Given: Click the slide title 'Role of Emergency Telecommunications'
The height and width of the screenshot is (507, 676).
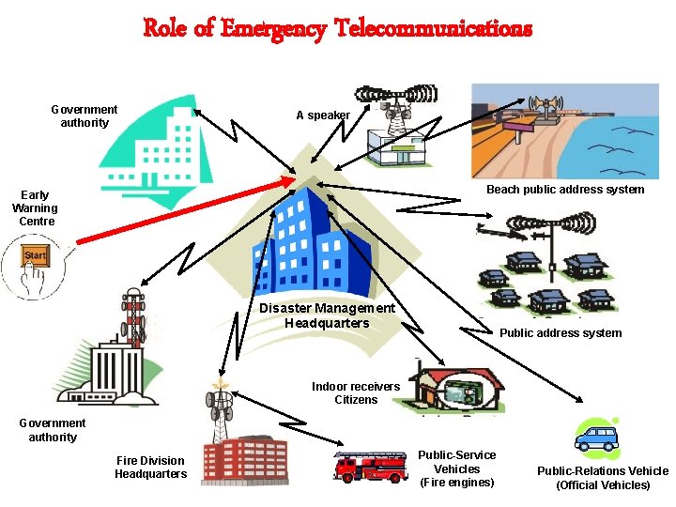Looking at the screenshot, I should tap(338, 28).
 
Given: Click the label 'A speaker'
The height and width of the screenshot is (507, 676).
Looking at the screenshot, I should tap(323, 115).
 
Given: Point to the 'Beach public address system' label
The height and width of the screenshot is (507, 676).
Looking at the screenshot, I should tap(565, 190).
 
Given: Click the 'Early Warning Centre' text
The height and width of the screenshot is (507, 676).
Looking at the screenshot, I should tap(36, 208).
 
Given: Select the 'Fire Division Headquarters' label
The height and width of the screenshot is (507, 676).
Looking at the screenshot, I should tap(151, 467).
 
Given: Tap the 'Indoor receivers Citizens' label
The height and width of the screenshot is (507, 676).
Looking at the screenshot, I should tap(356, 393).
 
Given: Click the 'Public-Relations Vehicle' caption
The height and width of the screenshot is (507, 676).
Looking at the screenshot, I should tap(603, 478).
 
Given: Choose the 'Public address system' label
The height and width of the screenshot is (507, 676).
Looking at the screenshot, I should tap(561, 332).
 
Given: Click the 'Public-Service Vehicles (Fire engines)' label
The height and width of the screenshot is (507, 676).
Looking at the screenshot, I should tap(457, 469).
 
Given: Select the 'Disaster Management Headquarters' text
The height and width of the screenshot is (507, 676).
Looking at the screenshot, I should tap(327, 315).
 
